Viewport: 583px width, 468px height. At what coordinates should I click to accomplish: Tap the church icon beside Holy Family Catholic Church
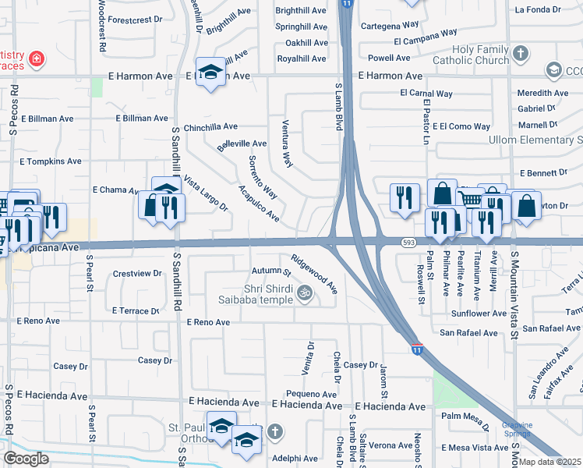[521, 54]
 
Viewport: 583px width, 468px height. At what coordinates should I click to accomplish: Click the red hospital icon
[36, 58]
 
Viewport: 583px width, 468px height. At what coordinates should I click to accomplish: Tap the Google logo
[26, 459]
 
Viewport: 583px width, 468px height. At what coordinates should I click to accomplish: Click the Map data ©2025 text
[550, 462]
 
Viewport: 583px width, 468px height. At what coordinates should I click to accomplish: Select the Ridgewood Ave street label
[314, 273]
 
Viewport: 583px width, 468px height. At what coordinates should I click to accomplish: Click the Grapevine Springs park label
[517, 430]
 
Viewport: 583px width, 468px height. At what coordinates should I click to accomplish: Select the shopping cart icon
[469, 199]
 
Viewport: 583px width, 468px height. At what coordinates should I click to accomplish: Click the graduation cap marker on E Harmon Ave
[209, 73]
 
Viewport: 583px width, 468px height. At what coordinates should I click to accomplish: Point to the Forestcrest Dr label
[135, 19]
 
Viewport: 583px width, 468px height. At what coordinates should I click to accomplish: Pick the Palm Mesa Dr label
[465, 416]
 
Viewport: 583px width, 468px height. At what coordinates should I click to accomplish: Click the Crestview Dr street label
[136, 274]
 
